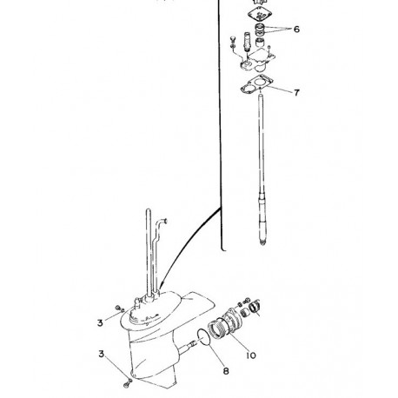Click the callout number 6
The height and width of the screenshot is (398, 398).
(x=296, y=30)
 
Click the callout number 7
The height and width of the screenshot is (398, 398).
(x=296, y=93)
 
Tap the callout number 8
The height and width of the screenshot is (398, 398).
(x=226, y=371)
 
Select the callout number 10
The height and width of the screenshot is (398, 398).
(x=251, y=355)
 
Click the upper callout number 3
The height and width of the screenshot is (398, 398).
(x=100, y=322)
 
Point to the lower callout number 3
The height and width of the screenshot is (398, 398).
(x=101, y=354)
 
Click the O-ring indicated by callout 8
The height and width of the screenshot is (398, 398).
(x=204, y=337)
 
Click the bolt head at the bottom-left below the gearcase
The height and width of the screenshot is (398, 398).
(x=126, y=385)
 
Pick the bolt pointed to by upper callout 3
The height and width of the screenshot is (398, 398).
(x=118, y=308)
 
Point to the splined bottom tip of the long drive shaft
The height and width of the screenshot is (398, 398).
(x=262, y=242)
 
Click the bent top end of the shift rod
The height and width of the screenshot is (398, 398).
(x=164, y=222)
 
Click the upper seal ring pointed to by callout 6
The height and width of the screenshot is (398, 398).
(x=259, y=27)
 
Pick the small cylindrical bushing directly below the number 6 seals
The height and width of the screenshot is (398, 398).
(x=260, y=43)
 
